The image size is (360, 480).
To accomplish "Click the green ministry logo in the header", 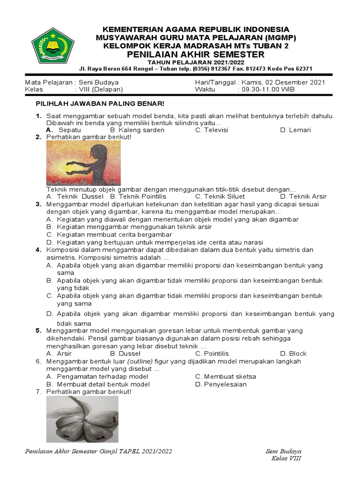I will tap(53, 45).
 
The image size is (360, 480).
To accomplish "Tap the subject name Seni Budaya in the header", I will tap(98, 82).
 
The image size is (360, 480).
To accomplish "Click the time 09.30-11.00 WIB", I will tap(266, 89).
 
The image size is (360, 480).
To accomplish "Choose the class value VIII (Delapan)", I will tap(100, 89).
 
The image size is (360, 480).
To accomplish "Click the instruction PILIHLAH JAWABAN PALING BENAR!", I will tap(100, 103).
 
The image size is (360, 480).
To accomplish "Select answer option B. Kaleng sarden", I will tap(137, 130).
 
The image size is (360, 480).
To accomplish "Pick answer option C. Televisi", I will tap(211, 130).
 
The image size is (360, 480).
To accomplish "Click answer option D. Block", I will tap(293, 353).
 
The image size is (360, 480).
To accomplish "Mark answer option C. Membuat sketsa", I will tap(225, 376).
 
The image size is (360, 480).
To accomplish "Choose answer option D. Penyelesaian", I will tap(221, 384).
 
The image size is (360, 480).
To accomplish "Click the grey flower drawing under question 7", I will tap(82, 419).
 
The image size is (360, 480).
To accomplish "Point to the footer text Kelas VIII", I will tap(286, 458).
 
